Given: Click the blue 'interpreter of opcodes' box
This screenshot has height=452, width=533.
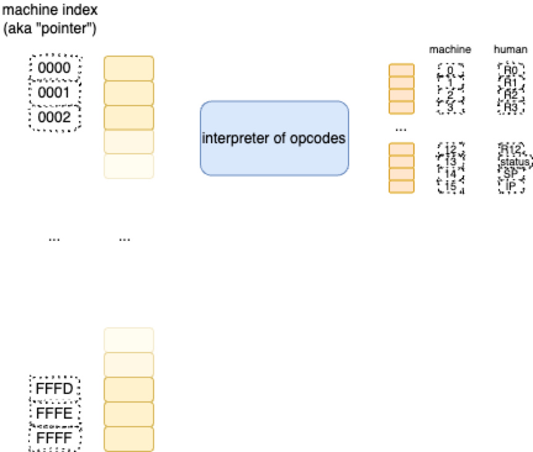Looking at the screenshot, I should pos(274,138).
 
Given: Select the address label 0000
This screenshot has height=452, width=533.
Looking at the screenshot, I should pos(55,68).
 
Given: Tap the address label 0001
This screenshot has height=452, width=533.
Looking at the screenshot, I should pos(55,93).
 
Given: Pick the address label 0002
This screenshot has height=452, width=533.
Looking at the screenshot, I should pos(55,117).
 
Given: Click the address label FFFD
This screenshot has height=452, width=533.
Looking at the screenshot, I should pos(55,389).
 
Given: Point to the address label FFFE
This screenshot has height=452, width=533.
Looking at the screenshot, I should pos(55,414).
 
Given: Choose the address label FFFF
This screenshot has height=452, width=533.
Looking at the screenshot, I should pos(55,438).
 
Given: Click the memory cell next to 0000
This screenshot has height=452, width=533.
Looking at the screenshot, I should pos(128,68).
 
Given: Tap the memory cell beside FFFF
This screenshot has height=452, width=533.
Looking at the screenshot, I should pos(128,438).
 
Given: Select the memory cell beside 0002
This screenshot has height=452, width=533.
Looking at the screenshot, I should pos(128,117).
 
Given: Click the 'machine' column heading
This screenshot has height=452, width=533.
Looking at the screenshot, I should pos(450,49).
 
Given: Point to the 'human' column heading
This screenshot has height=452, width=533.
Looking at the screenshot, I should pos(510,49).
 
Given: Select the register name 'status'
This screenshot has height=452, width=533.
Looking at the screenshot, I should pos(511,162).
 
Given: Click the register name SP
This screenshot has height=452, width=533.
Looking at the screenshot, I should pos(510,174).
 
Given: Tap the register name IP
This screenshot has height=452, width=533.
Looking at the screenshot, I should pos(510,185).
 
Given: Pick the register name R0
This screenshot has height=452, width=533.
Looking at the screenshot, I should pos(510,70).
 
